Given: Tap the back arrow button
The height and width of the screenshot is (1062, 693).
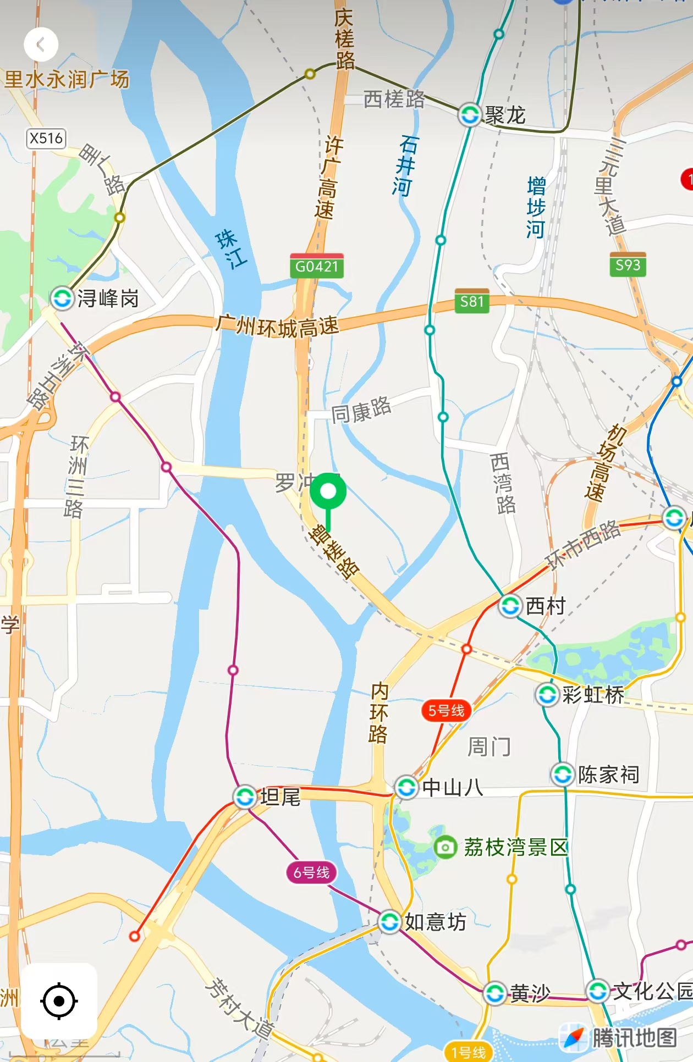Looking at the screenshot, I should [x=41, y=45].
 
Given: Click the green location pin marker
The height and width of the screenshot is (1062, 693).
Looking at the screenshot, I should [x=328, y=492].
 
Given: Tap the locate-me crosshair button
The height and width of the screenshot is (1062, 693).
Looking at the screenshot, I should [x=59, y=1001].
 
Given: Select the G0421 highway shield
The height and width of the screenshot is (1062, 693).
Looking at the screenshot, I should [x=316, y=267].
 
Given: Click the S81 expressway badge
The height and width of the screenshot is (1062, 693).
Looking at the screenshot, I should [x=471, y=301].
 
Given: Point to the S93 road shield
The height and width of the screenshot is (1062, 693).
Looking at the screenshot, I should [x=628, y=265].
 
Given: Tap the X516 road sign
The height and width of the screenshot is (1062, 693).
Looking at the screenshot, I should [x=46, y=138].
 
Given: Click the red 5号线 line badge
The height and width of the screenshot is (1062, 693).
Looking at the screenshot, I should [x=446, y=710].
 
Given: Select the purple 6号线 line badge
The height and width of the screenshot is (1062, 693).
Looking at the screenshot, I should [x=311, y=872].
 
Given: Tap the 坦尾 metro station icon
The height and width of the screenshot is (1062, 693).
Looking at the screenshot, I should [x=245, y=796].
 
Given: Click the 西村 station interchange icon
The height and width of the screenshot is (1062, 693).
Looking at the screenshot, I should [x=510, y=606].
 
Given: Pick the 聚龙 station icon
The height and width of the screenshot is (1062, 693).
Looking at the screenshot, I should [x=470, y=115].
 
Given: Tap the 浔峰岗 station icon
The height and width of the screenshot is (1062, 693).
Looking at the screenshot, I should [x=62, y=298].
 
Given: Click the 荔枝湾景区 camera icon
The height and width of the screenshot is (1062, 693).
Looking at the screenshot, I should [x=445, y=847].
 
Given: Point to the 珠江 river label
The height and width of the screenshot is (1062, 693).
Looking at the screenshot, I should [x=231, y=249].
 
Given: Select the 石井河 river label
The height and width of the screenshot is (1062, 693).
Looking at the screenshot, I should [x=406, y=166].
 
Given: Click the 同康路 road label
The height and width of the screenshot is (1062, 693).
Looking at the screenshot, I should [x=361, y=410].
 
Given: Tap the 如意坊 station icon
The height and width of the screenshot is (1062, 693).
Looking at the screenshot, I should [x=389, y=921].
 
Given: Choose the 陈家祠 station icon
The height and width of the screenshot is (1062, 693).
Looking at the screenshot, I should [x=563, y=775].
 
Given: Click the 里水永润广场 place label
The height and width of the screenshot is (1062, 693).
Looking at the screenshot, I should [x=67, y=80].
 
